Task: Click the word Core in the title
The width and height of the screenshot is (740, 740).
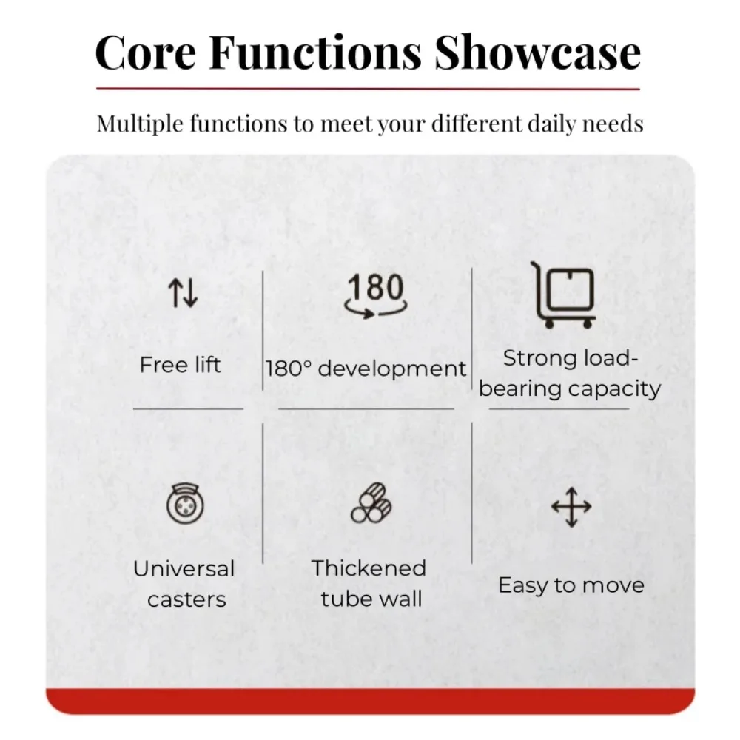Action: (x=145, y=53)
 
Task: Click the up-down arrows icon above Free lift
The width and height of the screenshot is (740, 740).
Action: (x=183, y=292)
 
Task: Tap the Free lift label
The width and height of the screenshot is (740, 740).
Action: (x=181, y=365)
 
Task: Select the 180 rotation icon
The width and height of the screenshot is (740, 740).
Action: (x=376, y=295)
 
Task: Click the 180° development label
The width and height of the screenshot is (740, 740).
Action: (x=366, y=369)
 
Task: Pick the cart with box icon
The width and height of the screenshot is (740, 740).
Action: (x=564, y=295)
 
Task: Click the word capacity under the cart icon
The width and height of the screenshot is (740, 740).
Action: (x=614, y=390)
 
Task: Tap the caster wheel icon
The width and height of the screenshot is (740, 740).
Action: (x=185, y=503)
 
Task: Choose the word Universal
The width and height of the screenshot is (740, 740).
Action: (x=184, y=568)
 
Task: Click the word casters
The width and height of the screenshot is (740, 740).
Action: (x=186, y=600)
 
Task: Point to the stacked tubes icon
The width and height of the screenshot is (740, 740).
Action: (x=371, y=502)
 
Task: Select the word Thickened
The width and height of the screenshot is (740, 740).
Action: (x=369, y=568)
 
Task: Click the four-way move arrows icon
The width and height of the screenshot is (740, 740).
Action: (x=571, y=507)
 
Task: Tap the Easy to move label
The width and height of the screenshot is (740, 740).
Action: (x=571, y=585)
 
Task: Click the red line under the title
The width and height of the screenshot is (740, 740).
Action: (x=368, y=88)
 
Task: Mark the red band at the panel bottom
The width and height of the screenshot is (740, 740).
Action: (x=370, y=702)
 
